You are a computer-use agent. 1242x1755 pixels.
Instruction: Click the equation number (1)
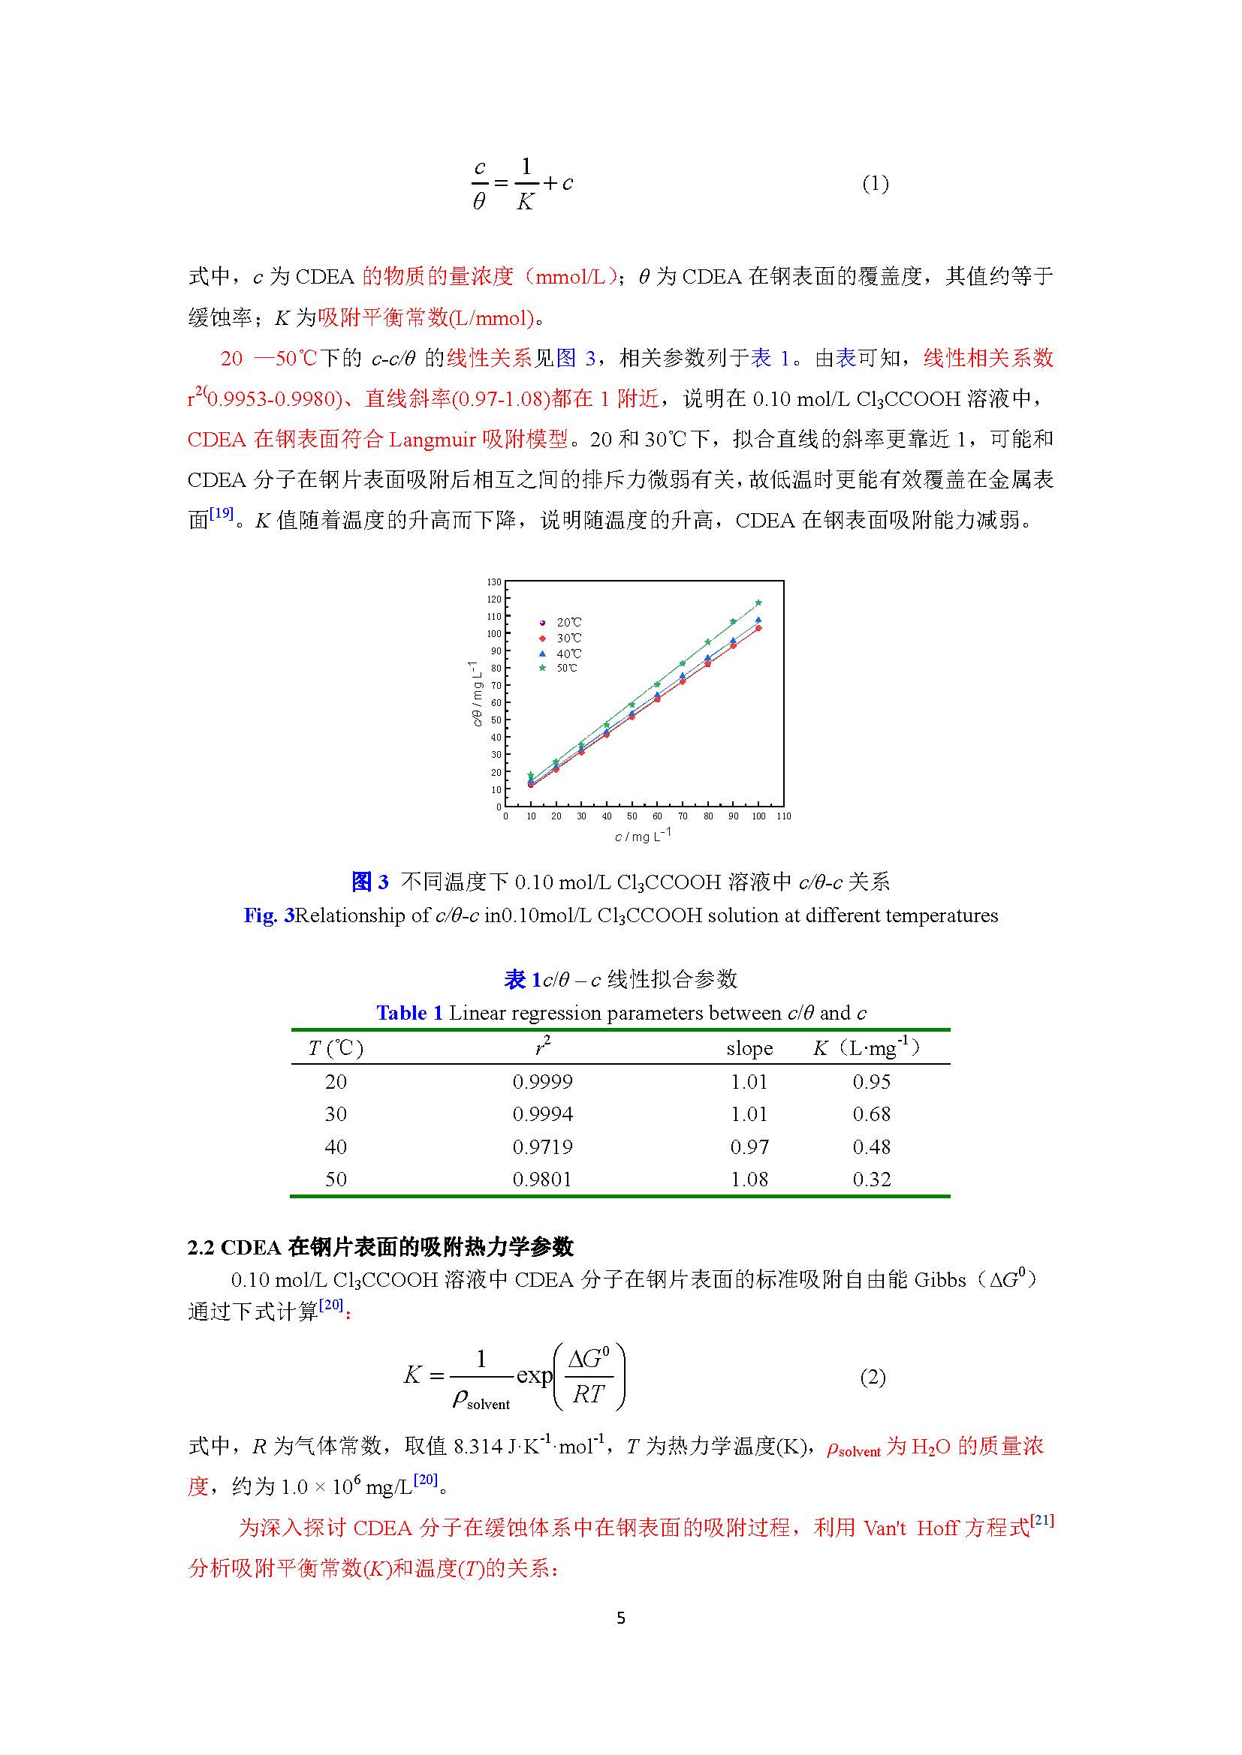[875, 183]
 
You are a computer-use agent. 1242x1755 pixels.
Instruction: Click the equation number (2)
[873, 1378]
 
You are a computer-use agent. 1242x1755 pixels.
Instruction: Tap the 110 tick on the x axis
[783, 816]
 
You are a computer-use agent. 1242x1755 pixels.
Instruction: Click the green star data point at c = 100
[758, 603]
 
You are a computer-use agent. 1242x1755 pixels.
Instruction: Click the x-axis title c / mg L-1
[641, 835]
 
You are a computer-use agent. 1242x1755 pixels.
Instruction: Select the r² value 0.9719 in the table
[542, 1146]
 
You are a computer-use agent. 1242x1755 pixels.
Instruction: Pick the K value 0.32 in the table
[871, 1180]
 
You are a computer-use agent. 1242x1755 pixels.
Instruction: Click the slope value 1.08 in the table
[749, 1180]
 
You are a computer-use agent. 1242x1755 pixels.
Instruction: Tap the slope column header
[749, 1048]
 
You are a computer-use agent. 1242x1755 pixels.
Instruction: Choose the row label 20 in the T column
[336, 1082]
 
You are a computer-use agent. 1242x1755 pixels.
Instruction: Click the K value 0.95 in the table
[871, 1082]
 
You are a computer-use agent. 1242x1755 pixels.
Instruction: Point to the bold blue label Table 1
[409, 1013]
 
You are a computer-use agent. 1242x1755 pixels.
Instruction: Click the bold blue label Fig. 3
[268, 915]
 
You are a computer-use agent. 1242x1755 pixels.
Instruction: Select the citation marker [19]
[221, 514]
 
